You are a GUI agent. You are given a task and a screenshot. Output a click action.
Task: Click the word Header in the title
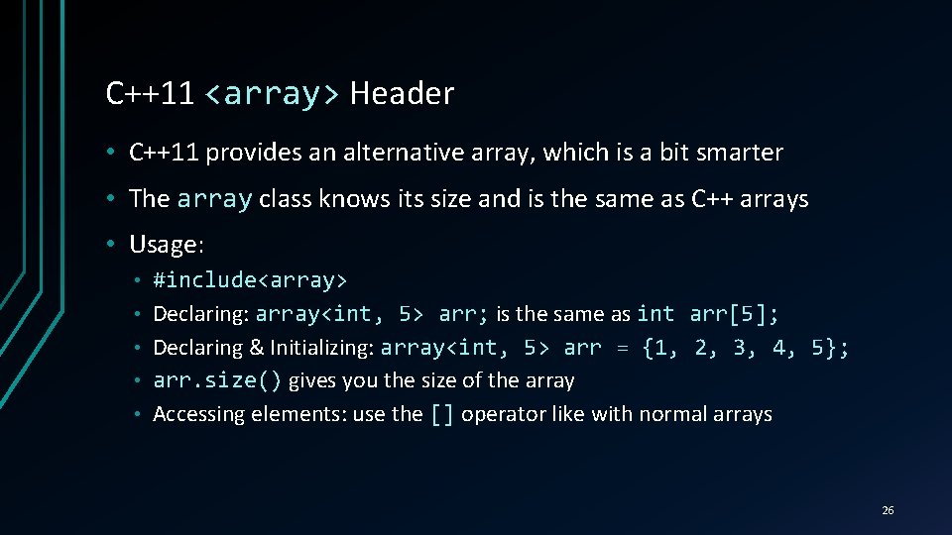[402, 94]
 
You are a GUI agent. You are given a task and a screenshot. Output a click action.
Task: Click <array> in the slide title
[272, 94]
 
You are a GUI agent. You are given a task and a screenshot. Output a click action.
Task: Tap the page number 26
[888, 510]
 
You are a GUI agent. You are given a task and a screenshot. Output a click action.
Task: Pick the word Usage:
[166, 244]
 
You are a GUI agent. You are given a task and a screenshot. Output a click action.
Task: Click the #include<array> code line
[250, 280]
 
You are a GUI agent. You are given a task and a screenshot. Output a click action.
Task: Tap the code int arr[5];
[708, 314]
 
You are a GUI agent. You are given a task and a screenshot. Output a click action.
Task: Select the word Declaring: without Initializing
[201, 315]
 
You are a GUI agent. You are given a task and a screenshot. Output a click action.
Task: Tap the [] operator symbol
[442, 414]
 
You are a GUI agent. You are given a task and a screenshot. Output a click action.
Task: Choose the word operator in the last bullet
[504, 414]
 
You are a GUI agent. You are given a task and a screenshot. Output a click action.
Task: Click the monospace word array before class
[214, 199]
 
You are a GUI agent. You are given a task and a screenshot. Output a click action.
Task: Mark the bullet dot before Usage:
[115, 244]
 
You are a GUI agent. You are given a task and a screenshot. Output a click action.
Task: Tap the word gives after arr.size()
[311, 381]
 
